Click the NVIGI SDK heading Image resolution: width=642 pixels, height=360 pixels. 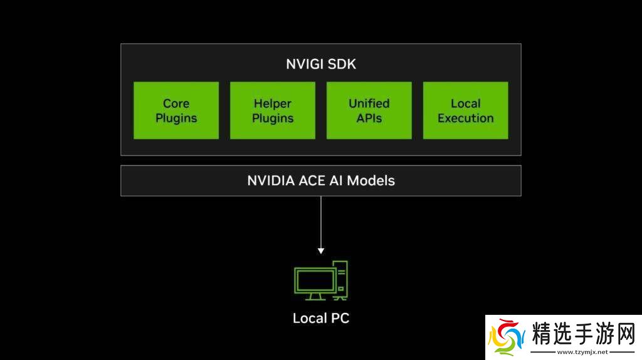pyautogui.click(x=320, y=63)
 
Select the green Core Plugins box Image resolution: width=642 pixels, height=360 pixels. pyautogui.click(x=176, y=110)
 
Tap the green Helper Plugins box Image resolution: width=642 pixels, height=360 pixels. pyautogui.click(x=273, y=110)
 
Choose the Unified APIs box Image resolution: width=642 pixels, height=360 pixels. pyautogui.click(x=369, y=110)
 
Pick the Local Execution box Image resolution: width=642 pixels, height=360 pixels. pyautogui.click(x=466, y=110)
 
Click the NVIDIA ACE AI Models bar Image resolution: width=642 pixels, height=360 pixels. pyautogui.click(x=320, y=181)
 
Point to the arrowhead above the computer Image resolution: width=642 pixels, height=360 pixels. pyautogui.click(x=321, y=250)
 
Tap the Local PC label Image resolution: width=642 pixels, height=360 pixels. pyautogui.click(x=320, y=318)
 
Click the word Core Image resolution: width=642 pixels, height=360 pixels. pyautogui.click(x=176, y=103)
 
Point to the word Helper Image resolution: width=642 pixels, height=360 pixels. pyautogui.click(x=273, y=103)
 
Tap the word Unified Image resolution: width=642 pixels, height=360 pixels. pyautogui.click(x=369, y=103)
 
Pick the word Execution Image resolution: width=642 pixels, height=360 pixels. pyautogui.click(x=466, y=118)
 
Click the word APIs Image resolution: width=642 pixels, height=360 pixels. pyautogui.click(x=369, y=118)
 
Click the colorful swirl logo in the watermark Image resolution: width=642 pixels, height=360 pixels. pyautogui.click(x=507, y=337)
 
